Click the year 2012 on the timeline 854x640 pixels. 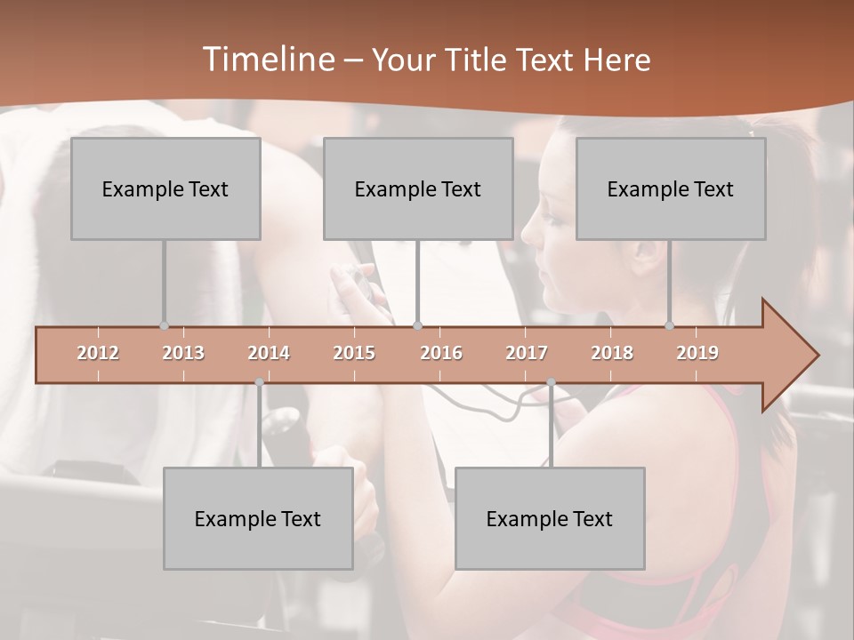pyautogui.click(x=98, y=353)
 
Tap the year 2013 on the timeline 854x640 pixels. pyautogui.click(x=183, y=353)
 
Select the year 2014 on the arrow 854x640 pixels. pyautogui.click(x=269, y=353)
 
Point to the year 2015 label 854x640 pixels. pyautogui.click(x=354, y=353)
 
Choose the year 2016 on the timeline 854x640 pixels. pyautogui.click(x=441, y=353)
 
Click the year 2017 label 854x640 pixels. pyautogui.click(x=527, y=353)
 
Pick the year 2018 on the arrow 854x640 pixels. pyautogui.click(x=612, y=353)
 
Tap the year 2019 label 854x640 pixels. pyautogui.click(x=697, y=353)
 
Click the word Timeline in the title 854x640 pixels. pyautogui.click(x=266, y=60)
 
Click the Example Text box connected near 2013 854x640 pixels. pyautogui.click(x=165, y=188)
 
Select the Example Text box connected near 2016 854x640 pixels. pyautogui.click(x=418, y=188)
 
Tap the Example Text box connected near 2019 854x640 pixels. pyautogui.click(x=671, y=188)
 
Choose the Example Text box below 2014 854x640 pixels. pyautogui.click(x=258, y=518)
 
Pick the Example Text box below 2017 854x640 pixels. pyautogui.click(x=550, y=518)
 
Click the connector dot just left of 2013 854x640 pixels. pyautogui.click(x=164, y=325)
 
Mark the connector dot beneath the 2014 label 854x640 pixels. pyautogui.click(x=259, y=382)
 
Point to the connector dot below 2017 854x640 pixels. pyautogui.click(x=551, y=382)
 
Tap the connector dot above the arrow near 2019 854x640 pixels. pyautogui.click(x=670, y=325)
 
